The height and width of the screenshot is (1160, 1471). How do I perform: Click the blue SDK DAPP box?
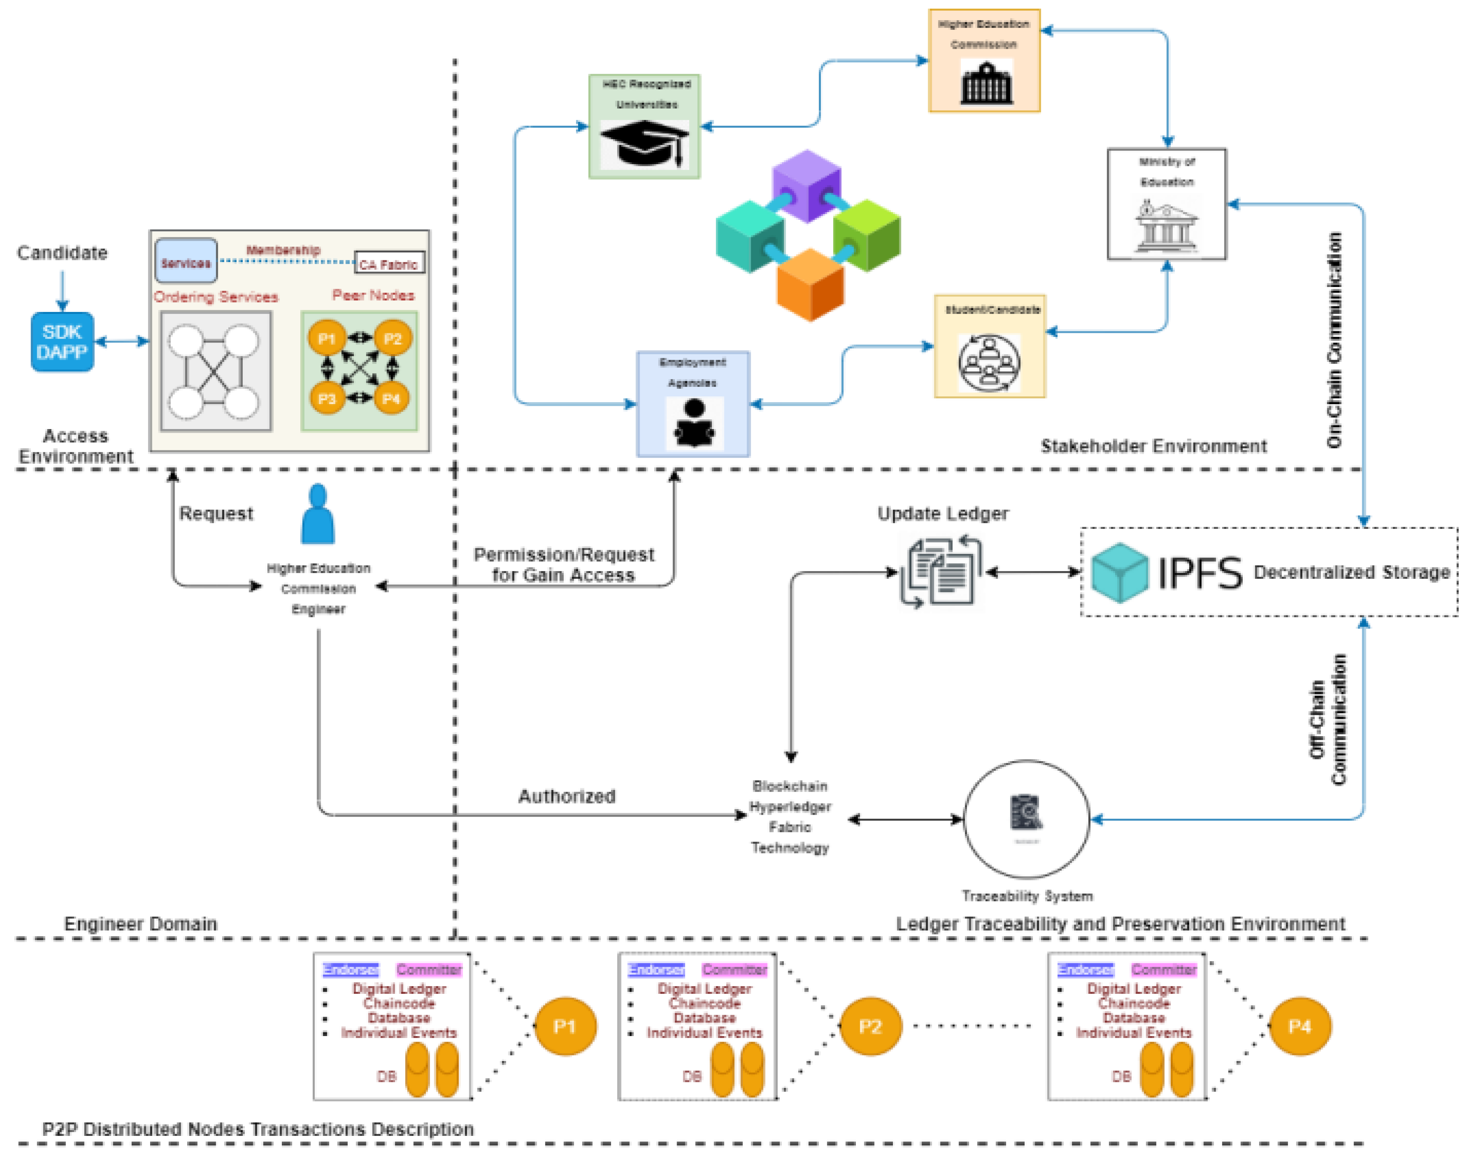[62, 342]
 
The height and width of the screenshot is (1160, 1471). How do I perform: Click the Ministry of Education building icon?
[1166, 226]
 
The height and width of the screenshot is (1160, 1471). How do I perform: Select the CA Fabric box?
[389, 264]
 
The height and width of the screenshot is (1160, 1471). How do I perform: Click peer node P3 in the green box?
[326, 398]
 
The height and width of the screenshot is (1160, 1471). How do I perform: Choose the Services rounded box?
[186, 262]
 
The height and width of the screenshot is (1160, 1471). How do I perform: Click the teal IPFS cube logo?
[1119, 572]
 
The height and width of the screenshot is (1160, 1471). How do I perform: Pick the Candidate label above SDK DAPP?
[62, 253]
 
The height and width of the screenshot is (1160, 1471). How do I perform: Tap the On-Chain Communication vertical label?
[1334, 340]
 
